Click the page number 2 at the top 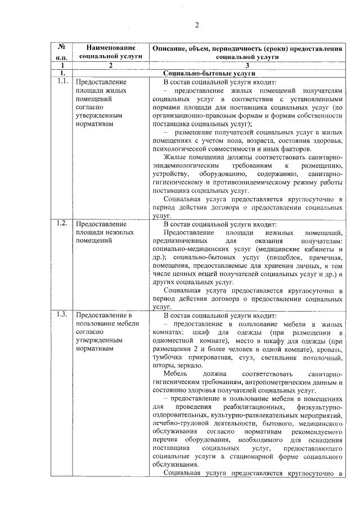pyautogui.click(x=197, y=24)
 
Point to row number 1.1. pyautogui.click(x=62, y=82)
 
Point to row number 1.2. pyautogui.click(x=62, y=223)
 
